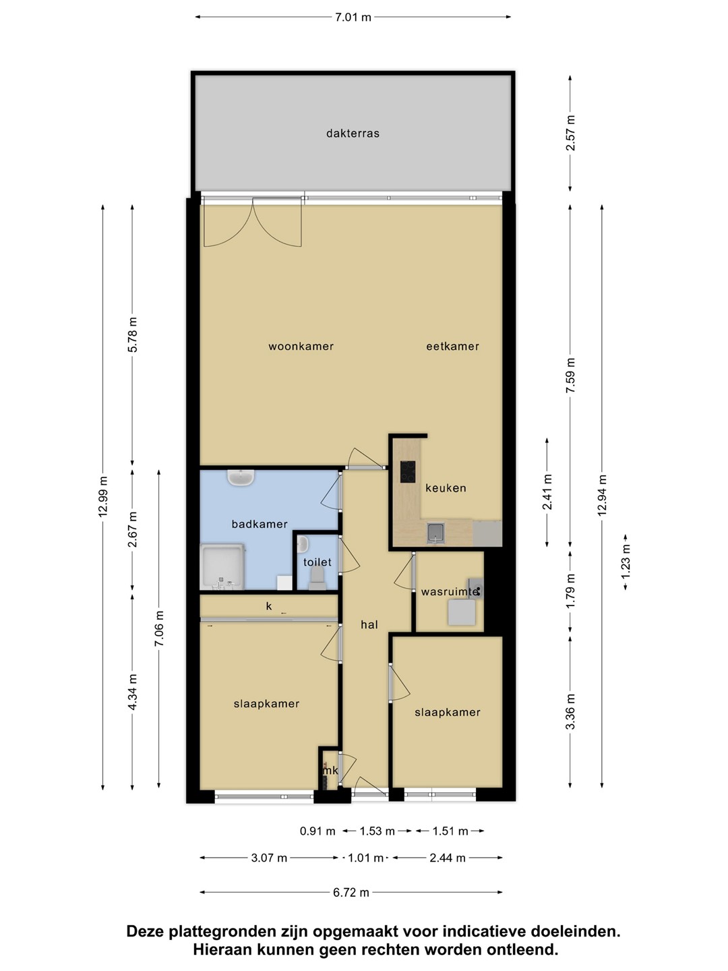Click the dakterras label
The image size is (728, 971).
353,133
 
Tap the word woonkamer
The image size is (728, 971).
301,347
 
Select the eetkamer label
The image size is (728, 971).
452,347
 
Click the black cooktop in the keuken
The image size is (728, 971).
408,471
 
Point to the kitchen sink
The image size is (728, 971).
435,533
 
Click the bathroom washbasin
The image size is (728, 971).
241,477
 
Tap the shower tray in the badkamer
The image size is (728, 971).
222,566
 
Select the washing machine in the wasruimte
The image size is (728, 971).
462,612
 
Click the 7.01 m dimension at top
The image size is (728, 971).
353,18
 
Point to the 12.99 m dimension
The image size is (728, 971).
102,497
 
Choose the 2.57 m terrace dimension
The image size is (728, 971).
570,133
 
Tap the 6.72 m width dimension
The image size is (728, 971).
351,892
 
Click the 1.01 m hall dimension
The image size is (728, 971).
365,858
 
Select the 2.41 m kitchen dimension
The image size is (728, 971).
547,492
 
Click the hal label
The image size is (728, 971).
369,624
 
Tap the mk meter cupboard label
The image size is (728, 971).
330,771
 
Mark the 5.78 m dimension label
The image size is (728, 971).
132,334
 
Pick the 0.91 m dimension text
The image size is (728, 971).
317,831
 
